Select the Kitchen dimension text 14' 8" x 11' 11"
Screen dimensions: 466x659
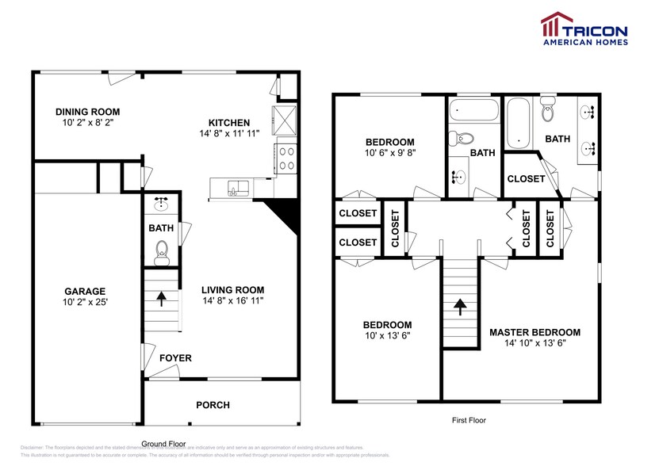coord(229,134)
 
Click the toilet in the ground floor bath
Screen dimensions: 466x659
coord(163,254)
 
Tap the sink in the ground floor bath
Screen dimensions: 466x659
coord(163,204)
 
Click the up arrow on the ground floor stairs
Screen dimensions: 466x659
coord(162,300)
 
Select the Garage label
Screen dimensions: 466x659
coord(86,291)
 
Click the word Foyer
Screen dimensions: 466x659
coord(175,358)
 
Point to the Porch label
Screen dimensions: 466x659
coord(213,405)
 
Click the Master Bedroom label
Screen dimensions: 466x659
coord(534,332)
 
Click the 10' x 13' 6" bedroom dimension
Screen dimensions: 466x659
coord(387,335)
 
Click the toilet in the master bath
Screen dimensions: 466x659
coord(548,113)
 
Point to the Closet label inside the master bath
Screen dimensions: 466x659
coord(526,178)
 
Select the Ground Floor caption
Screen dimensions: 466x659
coord(165,444)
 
